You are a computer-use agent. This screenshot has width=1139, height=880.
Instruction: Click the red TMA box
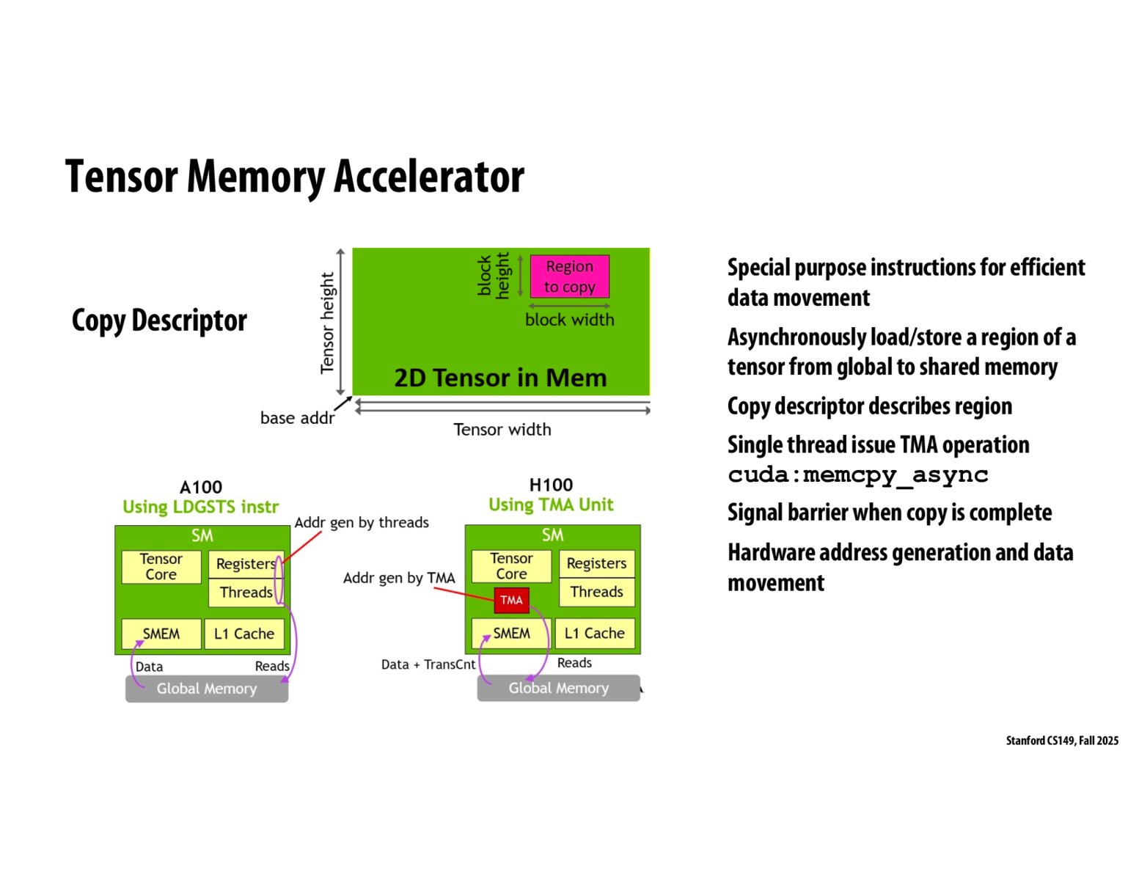(x=511, y=600)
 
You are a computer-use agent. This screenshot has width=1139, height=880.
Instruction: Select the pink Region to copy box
(x=569, y=276)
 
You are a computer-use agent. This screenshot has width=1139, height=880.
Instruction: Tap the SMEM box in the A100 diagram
(x=161, y=634)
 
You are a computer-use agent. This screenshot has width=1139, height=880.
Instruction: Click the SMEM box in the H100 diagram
(x=511, y=633)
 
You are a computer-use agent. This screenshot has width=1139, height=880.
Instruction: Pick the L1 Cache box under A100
(x=244, y=634)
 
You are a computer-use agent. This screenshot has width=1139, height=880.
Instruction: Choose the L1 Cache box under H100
(x=595, y=633)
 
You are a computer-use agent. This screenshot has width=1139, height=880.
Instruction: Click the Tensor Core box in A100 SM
(x=161, y=567)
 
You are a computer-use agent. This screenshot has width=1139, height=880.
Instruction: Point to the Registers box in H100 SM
(x=596, y=563)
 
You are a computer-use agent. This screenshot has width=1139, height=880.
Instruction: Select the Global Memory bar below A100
(x=207, y=689)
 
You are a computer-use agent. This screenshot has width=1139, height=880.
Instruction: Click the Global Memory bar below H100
(x=558, y=688)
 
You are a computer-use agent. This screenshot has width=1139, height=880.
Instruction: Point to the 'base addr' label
(x=297, y=418)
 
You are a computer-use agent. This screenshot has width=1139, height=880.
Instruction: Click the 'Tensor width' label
(x=502, y=430)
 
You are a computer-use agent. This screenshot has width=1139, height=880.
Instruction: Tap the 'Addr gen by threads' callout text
(x=362, y=522)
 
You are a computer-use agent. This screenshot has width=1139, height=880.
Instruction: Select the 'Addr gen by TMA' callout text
(x=399, y=578)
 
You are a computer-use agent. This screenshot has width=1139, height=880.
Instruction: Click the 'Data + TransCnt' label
(x=428, y=664)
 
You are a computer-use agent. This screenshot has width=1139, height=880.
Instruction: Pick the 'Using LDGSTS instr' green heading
(x=201, y=507)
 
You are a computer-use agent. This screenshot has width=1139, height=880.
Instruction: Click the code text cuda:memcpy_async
(x=858, y=475)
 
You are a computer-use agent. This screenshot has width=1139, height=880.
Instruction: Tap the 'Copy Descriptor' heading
(x=159, y=320)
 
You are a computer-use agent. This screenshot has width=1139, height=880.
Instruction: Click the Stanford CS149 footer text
(x=1062, y=741)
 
